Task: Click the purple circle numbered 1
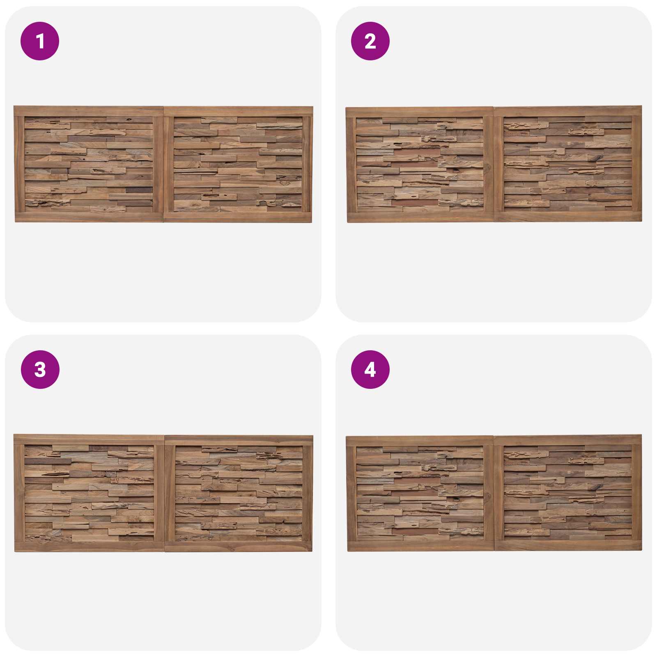pos(40,41)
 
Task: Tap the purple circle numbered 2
pos(370,41)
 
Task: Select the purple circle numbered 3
pos(40,370)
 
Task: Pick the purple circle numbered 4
pos(370,370)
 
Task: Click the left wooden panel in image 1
pos(89,164)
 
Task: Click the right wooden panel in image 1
pos(238,164)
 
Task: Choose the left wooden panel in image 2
pos(420,165)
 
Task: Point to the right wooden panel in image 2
pos(567,164)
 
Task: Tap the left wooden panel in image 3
pos(89,493)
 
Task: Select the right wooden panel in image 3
pos(239,493)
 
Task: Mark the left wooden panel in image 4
pos(420,493)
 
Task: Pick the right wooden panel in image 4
pos(567,492)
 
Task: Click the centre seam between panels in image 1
pos(164,164)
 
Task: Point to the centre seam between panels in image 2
pos(494,164)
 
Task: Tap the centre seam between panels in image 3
pos(164,493)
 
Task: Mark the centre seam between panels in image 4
pos(494,493)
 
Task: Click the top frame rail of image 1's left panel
pos(89,111)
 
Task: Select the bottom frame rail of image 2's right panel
pos(568,217)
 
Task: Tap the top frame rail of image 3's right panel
pos(239,441)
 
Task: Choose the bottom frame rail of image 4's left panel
pos(420,546)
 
